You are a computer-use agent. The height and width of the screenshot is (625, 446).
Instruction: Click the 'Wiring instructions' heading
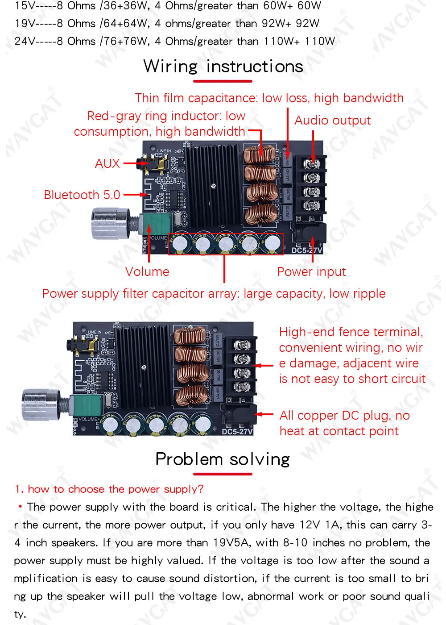tap(223, 67)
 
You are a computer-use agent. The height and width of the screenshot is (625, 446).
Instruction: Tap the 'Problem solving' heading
tap(223, 459)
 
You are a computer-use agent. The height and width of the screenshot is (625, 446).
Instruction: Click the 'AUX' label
tap(107, 163)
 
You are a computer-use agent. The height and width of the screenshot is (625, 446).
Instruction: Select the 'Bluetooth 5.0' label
tap(82, 195)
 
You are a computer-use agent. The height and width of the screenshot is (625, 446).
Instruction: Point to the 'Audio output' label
tap(332, 120)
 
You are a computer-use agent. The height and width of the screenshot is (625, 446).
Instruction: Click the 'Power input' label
tap(311, 271)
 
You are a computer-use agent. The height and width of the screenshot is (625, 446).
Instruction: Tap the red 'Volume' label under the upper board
tap(147, 271)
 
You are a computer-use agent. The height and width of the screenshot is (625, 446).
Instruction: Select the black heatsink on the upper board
tap(214, 185)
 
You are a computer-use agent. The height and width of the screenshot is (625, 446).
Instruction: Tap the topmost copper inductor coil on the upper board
tap(260, 154)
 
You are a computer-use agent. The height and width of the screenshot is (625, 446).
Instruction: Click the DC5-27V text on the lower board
tap(237, 431)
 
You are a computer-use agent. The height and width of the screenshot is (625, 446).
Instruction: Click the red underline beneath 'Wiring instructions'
tap(223, 81)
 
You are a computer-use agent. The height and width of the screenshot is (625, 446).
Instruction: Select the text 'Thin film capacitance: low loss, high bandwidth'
tap(269, 98)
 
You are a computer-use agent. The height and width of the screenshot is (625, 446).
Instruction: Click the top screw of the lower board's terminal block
tap(242, 345)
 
